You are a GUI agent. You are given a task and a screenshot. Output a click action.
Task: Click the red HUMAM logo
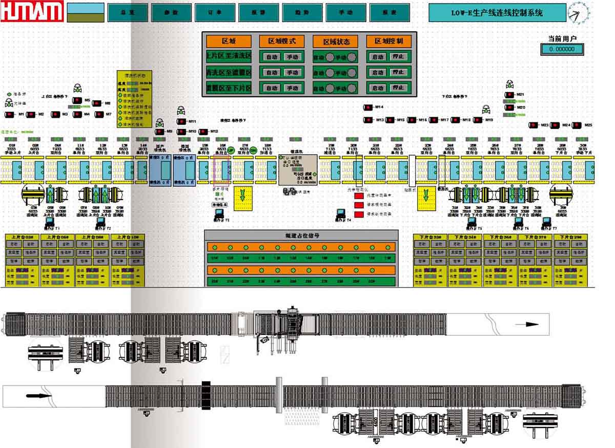pyautogui.click(x=32, y=12)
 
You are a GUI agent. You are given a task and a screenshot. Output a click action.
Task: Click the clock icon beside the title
pyautogui.click(x=578, y=13)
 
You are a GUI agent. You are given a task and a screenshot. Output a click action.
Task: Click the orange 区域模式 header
pyautogui.click(x=282, y=41)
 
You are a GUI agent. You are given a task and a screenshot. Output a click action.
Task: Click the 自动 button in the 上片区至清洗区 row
pyautogui.click(x=271, y=57)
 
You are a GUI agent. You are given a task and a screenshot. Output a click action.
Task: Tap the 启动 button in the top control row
pyautogui.click(x=378, y=57)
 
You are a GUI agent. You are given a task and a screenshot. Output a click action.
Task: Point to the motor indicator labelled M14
pyautogui.click(x=368, y=108)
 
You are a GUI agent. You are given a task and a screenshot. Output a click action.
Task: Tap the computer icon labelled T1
pyautogui.click(x=50, y=222)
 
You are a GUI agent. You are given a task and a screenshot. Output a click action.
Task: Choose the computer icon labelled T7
pyautogui.click(x=546, y=222)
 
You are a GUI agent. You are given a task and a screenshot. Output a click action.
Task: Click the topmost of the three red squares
pyautogui.click(x=359, y=196)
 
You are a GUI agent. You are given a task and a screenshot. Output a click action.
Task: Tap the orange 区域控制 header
pyautogui.click(x=388, y=41)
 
